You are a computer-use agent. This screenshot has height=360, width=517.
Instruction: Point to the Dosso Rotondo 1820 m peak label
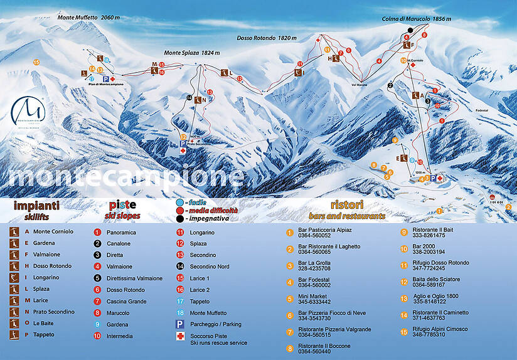267,38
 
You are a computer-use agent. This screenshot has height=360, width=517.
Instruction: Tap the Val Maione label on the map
359,83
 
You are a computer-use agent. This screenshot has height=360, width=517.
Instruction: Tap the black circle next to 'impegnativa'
179,219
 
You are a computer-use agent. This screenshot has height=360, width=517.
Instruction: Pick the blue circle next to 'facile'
179,203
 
